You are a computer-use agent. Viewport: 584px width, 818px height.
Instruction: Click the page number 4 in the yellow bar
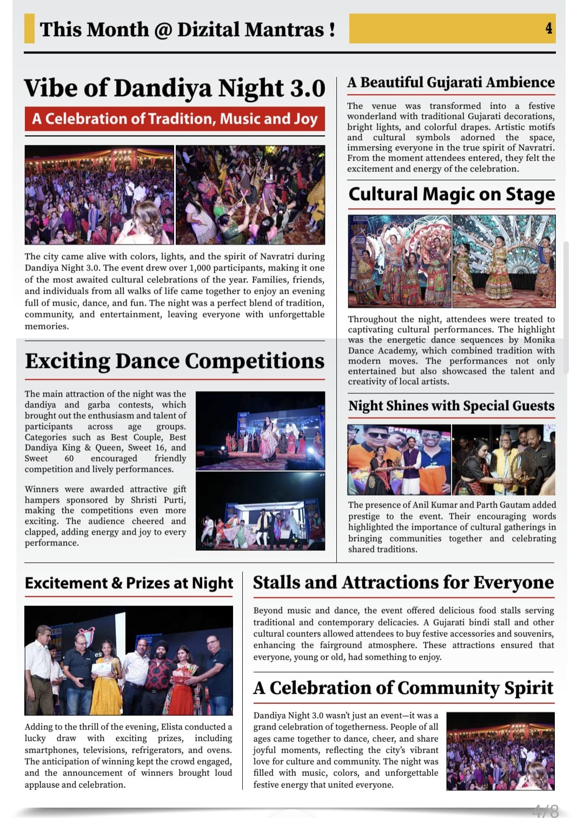click(548, 29)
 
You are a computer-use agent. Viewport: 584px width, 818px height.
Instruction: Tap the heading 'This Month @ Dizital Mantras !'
click(187, 29)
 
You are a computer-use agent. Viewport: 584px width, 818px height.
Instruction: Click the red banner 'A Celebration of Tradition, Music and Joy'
click(175, 119)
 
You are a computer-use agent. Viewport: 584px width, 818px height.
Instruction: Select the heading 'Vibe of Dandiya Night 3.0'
click(175, 88)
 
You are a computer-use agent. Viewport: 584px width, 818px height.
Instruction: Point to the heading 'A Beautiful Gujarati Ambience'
click(451, 82)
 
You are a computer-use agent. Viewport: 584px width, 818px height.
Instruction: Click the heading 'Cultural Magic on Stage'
click(452, 194)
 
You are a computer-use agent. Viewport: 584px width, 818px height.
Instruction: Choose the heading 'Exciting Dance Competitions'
click(175, 361)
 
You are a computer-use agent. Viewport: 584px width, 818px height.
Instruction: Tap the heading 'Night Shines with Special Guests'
click(451, 406)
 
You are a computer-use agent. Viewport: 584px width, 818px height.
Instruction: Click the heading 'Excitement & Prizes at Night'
click(129, 583)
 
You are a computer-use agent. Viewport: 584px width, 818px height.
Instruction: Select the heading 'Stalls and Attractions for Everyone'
click(403, 582)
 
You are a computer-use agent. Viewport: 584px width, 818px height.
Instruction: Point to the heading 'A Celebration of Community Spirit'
click(403, 688)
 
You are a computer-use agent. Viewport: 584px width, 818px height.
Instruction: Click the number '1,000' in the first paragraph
click(200, 268)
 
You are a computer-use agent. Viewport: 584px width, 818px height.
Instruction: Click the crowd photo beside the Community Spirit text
click(500, 751)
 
